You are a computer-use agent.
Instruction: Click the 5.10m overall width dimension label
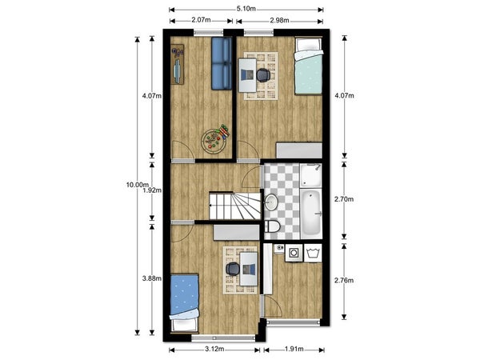click(246, 9)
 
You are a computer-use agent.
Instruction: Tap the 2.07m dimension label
click(201, 20)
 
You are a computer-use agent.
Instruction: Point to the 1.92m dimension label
click(152, 190)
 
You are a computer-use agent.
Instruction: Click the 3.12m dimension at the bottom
click(214, 349)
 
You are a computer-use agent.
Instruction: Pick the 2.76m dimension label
click(344, 280)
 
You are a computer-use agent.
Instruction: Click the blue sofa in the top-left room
click(222, 63)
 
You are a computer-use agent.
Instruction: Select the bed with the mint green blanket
click(309, 66)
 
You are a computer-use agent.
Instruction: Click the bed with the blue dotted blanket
click(184, 303)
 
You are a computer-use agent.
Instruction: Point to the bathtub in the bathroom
click(311, 214)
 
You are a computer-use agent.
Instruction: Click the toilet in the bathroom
click(272, 226)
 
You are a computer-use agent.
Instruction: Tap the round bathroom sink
click(271, 202)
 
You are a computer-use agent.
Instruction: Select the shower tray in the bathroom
click(311, 175)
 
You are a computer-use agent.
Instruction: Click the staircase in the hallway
click(234, 206)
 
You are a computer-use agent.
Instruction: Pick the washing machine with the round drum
click(294, 253)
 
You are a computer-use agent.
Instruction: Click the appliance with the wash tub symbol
click(313, 253)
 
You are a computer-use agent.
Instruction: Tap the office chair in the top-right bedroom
click(263, 75)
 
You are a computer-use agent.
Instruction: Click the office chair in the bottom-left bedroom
click(233, 269)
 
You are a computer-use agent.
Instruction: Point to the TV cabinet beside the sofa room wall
click(178, 64)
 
